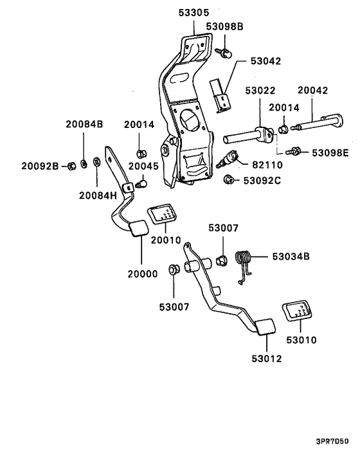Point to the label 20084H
98,195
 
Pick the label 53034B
290,257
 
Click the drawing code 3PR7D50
332,442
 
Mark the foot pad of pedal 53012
263,328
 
